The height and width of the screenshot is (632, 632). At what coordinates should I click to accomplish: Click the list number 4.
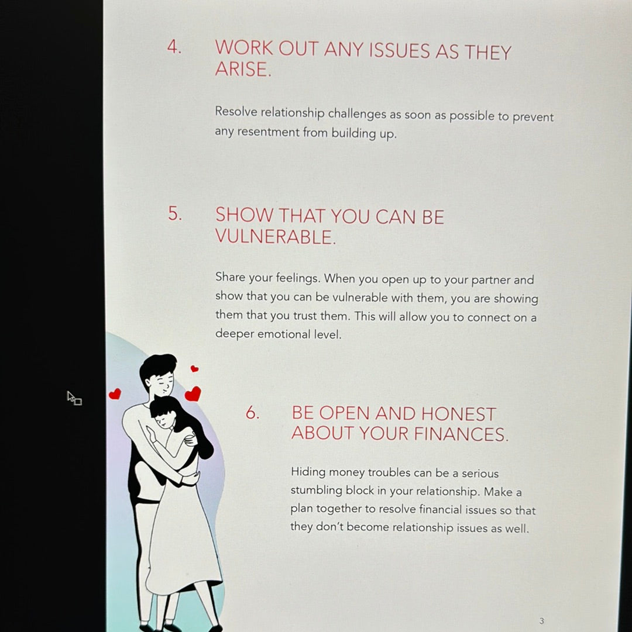(x=174, y=47)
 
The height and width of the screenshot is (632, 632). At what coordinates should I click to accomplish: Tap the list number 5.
(x=174, y=213)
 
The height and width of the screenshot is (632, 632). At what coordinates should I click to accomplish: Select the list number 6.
(x=252, y=413)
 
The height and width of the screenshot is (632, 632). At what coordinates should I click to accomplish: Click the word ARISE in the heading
(x=243, y=69)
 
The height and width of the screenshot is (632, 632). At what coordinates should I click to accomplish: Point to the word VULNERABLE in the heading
(x=276, y=236)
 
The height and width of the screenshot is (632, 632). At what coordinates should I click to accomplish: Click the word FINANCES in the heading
(x=461, y=434)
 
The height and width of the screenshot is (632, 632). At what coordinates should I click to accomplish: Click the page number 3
(x=542, y=621)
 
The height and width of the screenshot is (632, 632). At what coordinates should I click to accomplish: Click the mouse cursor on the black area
(x=74, y=398)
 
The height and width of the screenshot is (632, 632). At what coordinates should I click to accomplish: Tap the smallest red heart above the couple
(x=194, y=368)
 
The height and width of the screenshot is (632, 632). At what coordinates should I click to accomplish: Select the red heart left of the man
(x=115, y=394)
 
